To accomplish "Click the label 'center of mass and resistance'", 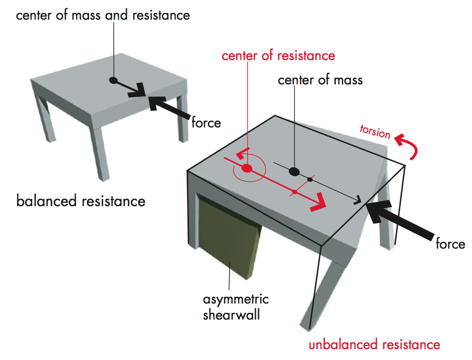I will coord(103,15).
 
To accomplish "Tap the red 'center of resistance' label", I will coord(278,55).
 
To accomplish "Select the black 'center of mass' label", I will coord(320,80).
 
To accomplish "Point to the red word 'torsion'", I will coord(375,132).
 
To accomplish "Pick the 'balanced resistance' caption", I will coord(81,200).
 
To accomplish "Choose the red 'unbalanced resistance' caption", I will coord(374,344).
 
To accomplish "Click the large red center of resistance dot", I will coord(247,168).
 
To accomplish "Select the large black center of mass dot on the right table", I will coord(294,171).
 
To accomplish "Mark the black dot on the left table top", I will coord(113,80).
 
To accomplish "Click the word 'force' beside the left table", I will coord(206,123).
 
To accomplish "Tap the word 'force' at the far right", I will coord(450,243).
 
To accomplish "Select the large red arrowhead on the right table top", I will coord(320,203).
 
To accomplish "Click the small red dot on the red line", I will coord(294,192).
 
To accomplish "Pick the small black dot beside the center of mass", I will coord(310,179).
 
